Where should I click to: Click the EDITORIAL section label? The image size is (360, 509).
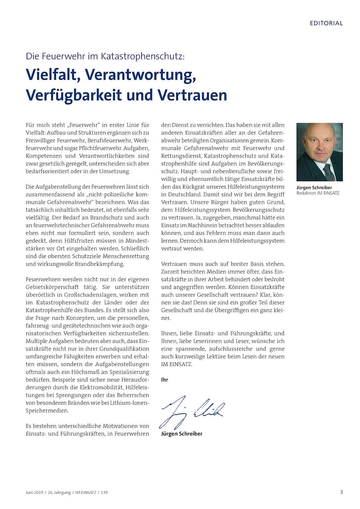tap(326, 23)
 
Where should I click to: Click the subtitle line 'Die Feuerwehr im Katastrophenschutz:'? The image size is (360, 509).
tap(106, 57)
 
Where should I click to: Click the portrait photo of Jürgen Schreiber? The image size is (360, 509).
tap(319, 152)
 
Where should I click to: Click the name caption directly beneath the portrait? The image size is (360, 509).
tap(314, 188)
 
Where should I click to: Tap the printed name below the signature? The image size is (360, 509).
tap(182, 434)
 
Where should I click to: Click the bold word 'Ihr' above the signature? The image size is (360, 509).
tap(165, 379)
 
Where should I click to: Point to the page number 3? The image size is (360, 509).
tap(341, 492)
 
